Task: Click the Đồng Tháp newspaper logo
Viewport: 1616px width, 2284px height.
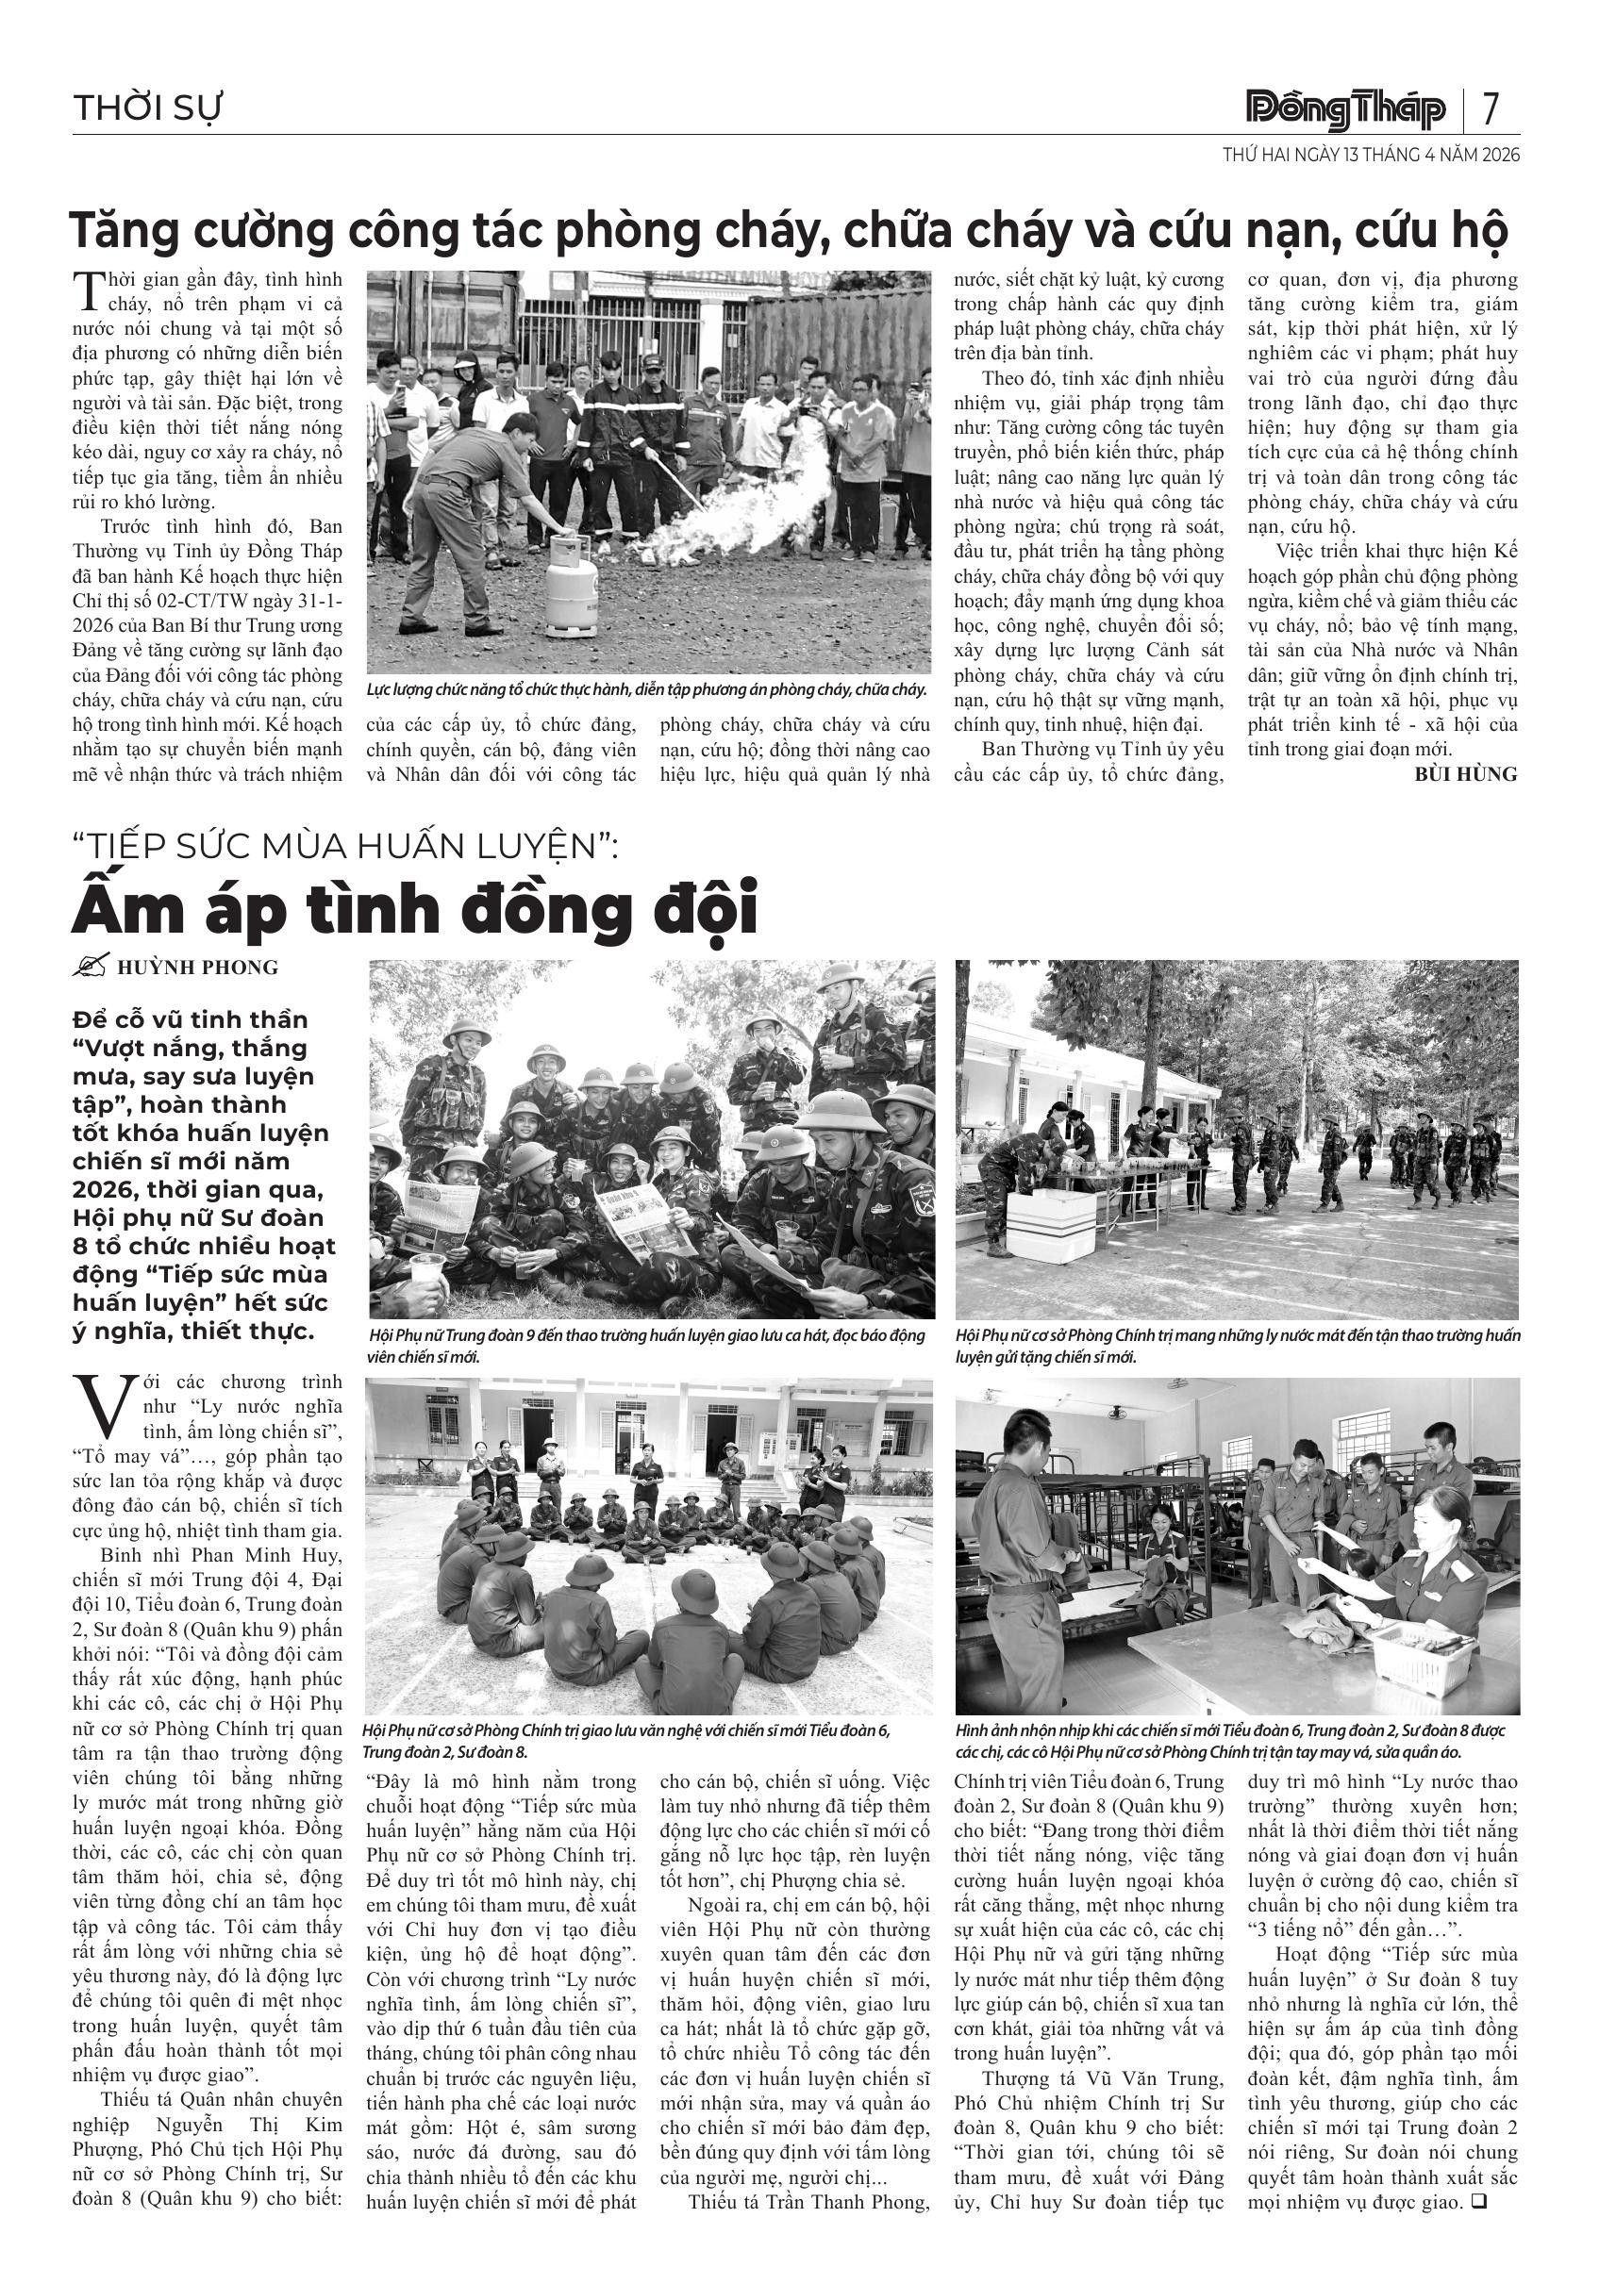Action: (1347, 109)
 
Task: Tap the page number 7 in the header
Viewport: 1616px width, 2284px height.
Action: (1490, 109)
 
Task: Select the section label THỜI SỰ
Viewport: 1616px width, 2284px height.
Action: (147, 108)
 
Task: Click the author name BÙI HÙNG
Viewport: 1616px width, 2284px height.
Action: (1466, 774)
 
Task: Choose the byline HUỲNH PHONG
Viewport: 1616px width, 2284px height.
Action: (197, 967)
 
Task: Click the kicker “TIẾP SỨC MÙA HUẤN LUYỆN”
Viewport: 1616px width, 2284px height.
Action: (345, 847)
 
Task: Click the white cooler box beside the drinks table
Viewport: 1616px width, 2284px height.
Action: (1050, 1226)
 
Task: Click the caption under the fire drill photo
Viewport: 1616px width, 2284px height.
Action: (647, 689)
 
